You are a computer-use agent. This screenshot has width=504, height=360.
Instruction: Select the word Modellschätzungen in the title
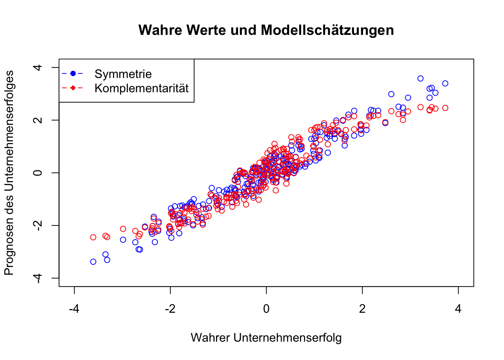pyautogui.click(x=327, y=30)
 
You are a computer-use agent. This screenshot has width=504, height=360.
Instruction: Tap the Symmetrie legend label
pyautogui.click(x=123, y=74)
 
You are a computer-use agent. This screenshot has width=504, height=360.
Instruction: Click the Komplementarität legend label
pyautogui.click(x=141, y=88)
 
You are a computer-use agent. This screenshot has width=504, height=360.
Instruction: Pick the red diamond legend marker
pyautogui.click(x=73, y=88)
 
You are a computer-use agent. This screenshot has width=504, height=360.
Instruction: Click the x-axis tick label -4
pyautogui.click(x=74, y=309)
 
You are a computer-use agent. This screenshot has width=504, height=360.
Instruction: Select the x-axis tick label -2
pyautogui.click(x=170, y=309)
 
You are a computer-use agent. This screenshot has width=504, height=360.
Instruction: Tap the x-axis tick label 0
pyautogui.click(x=266, y=309)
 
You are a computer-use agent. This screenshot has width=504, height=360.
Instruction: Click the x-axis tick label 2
pyautogui.click(x=362, y=309)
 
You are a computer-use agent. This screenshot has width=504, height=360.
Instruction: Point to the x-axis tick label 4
pyautogui.click(x=458, y=309)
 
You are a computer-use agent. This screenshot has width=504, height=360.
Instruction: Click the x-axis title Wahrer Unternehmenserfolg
pyautogui.click(x=266, y=337)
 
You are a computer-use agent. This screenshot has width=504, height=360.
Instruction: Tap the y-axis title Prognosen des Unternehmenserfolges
pyautogui.click(x=9, y=172)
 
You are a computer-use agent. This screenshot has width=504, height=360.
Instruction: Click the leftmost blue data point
pyautogui.click(x=93, y=262)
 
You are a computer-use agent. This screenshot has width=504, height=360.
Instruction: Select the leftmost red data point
pyautogui.click(x=93, y=237)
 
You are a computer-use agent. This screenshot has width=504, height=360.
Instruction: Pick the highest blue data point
pyautogui.click(x=420, y=78)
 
